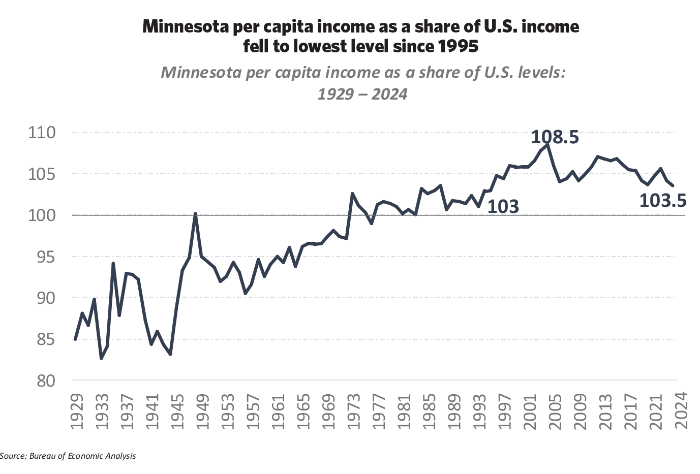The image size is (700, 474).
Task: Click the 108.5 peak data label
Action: pos(555,137)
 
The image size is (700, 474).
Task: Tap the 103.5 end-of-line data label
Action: pos(662,201)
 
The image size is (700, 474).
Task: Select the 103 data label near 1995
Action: pos(503,207)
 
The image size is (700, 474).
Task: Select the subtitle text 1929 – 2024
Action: pos(362,94)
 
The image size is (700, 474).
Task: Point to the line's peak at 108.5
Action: pos(547,145)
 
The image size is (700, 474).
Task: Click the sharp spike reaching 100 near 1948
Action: pos(196,214)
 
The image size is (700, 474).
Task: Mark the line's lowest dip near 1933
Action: pos(101,358)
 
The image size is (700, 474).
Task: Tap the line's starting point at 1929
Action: pos(75,339)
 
